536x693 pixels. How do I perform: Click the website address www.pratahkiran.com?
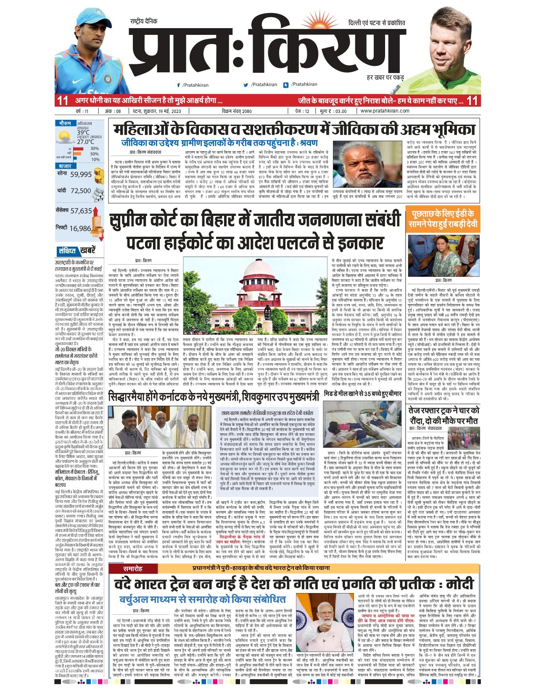[x=385, y=111]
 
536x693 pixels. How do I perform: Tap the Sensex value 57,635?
[x=81, y=211]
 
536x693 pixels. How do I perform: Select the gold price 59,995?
[x=81, y=174]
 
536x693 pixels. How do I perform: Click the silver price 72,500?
[x=81, y=191]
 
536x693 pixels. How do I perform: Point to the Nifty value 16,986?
[x=80, y=228]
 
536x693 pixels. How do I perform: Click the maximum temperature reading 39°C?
[x=83, y=132]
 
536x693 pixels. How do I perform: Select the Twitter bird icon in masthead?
[x=246, y=85]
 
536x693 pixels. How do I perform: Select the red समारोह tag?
[x=132, y=569]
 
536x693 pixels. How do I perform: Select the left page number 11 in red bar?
[x=63, y=100]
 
